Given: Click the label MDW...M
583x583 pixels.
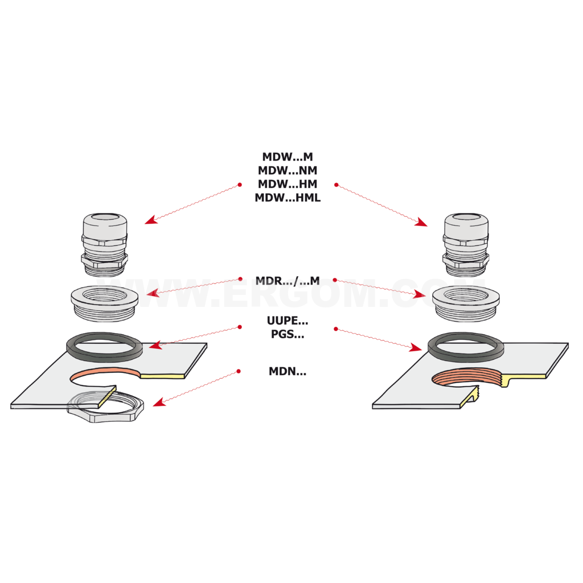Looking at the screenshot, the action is tap(288, 157).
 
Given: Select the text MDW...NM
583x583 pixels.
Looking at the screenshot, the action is tap(288, 170).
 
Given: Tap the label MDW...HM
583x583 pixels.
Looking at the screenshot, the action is tap(288, 184).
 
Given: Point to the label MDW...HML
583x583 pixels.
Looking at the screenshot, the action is tap(288, 198).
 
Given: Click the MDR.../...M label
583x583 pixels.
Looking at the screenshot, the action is tap(288, 281).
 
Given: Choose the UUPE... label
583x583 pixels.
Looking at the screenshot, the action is tap(288, 321).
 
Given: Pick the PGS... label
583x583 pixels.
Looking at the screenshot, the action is tap(288, 334).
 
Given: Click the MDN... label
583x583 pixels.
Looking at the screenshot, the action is tap(288, 371).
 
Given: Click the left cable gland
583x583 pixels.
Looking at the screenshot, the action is tap(105, 245).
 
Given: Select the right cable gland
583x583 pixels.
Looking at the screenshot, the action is tap(466, 245).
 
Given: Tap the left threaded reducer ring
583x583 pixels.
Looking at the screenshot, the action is tap(105, 303).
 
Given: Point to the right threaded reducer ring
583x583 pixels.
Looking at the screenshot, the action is tap(466, 303).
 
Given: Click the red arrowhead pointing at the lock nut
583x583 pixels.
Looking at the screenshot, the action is tap(158, 403).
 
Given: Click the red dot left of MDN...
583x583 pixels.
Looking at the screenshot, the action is tap(239, 371).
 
